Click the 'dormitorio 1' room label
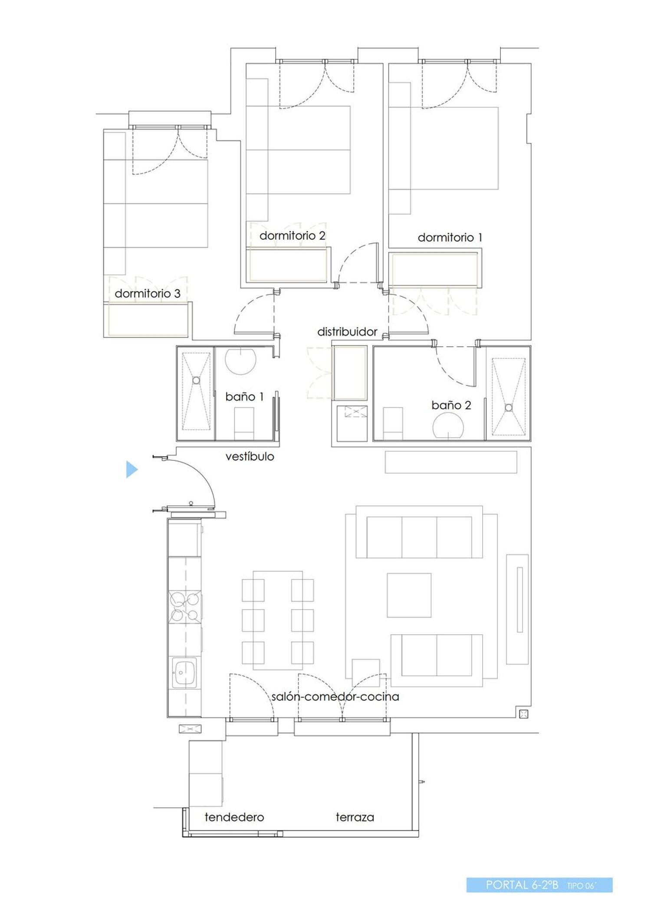[450, 237]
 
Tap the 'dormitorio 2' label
[292, 236]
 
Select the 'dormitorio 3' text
[147, 293]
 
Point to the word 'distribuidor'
[347, 332]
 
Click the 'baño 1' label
[244, 397]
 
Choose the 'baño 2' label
[451, 405]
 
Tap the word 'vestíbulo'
[250, 456]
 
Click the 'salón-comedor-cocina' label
[335, 697]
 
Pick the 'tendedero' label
[234, 817]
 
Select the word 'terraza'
[355, 817]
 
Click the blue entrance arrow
[132, 469]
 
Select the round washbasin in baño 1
[240, 360]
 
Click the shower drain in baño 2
[509, 407]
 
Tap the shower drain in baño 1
[196, 380]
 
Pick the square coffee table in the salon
[409, 595]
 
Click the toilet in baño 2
[392, 424]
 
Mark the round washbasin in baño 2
[448, 426]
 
